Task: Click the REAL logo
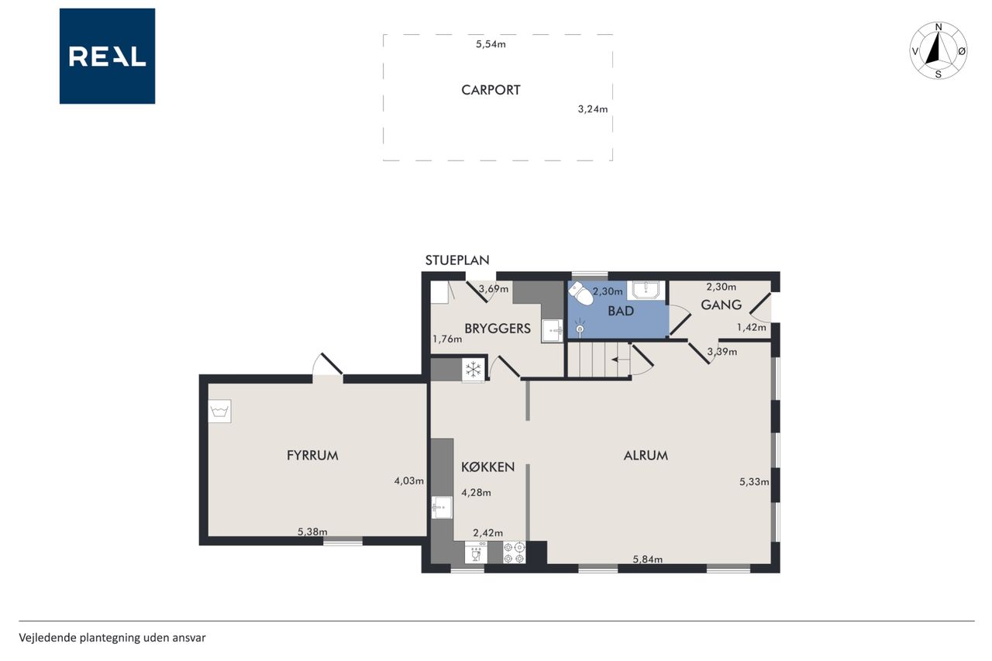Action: pos(107,57)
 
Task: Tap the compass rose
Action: pos(938,50)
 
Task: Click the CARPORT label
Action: pos(491,91)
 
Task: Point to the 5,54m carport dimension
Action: pos(491,44)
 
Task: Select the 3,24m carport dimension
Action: pos(593,109)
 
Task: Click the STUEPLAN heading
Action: pos(457,260)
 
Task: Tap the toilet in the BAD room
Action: pos(581,294)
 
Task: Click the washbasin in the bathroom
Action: pos(646,291)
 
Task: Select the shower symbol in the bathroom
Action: pos(580,328)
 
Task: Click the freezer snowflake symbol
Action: pos(474,369)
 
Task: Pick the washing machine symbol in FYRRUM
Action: pos(220,411)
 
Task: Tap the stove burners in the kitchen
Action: pos(514,553)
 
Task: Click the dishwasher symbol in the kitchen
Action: pos(476,553)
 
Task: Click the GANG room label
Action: pos(721,305)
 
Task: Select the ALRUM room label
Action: pos(646,456)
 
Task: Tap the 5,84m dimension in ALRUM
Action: pos(647,559)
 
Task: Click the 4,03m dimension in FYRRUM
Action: pos(408,480)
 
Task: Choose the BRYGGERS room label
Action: pos(498,329)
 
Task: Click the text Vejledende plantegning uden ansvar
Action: pos(112,638)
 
